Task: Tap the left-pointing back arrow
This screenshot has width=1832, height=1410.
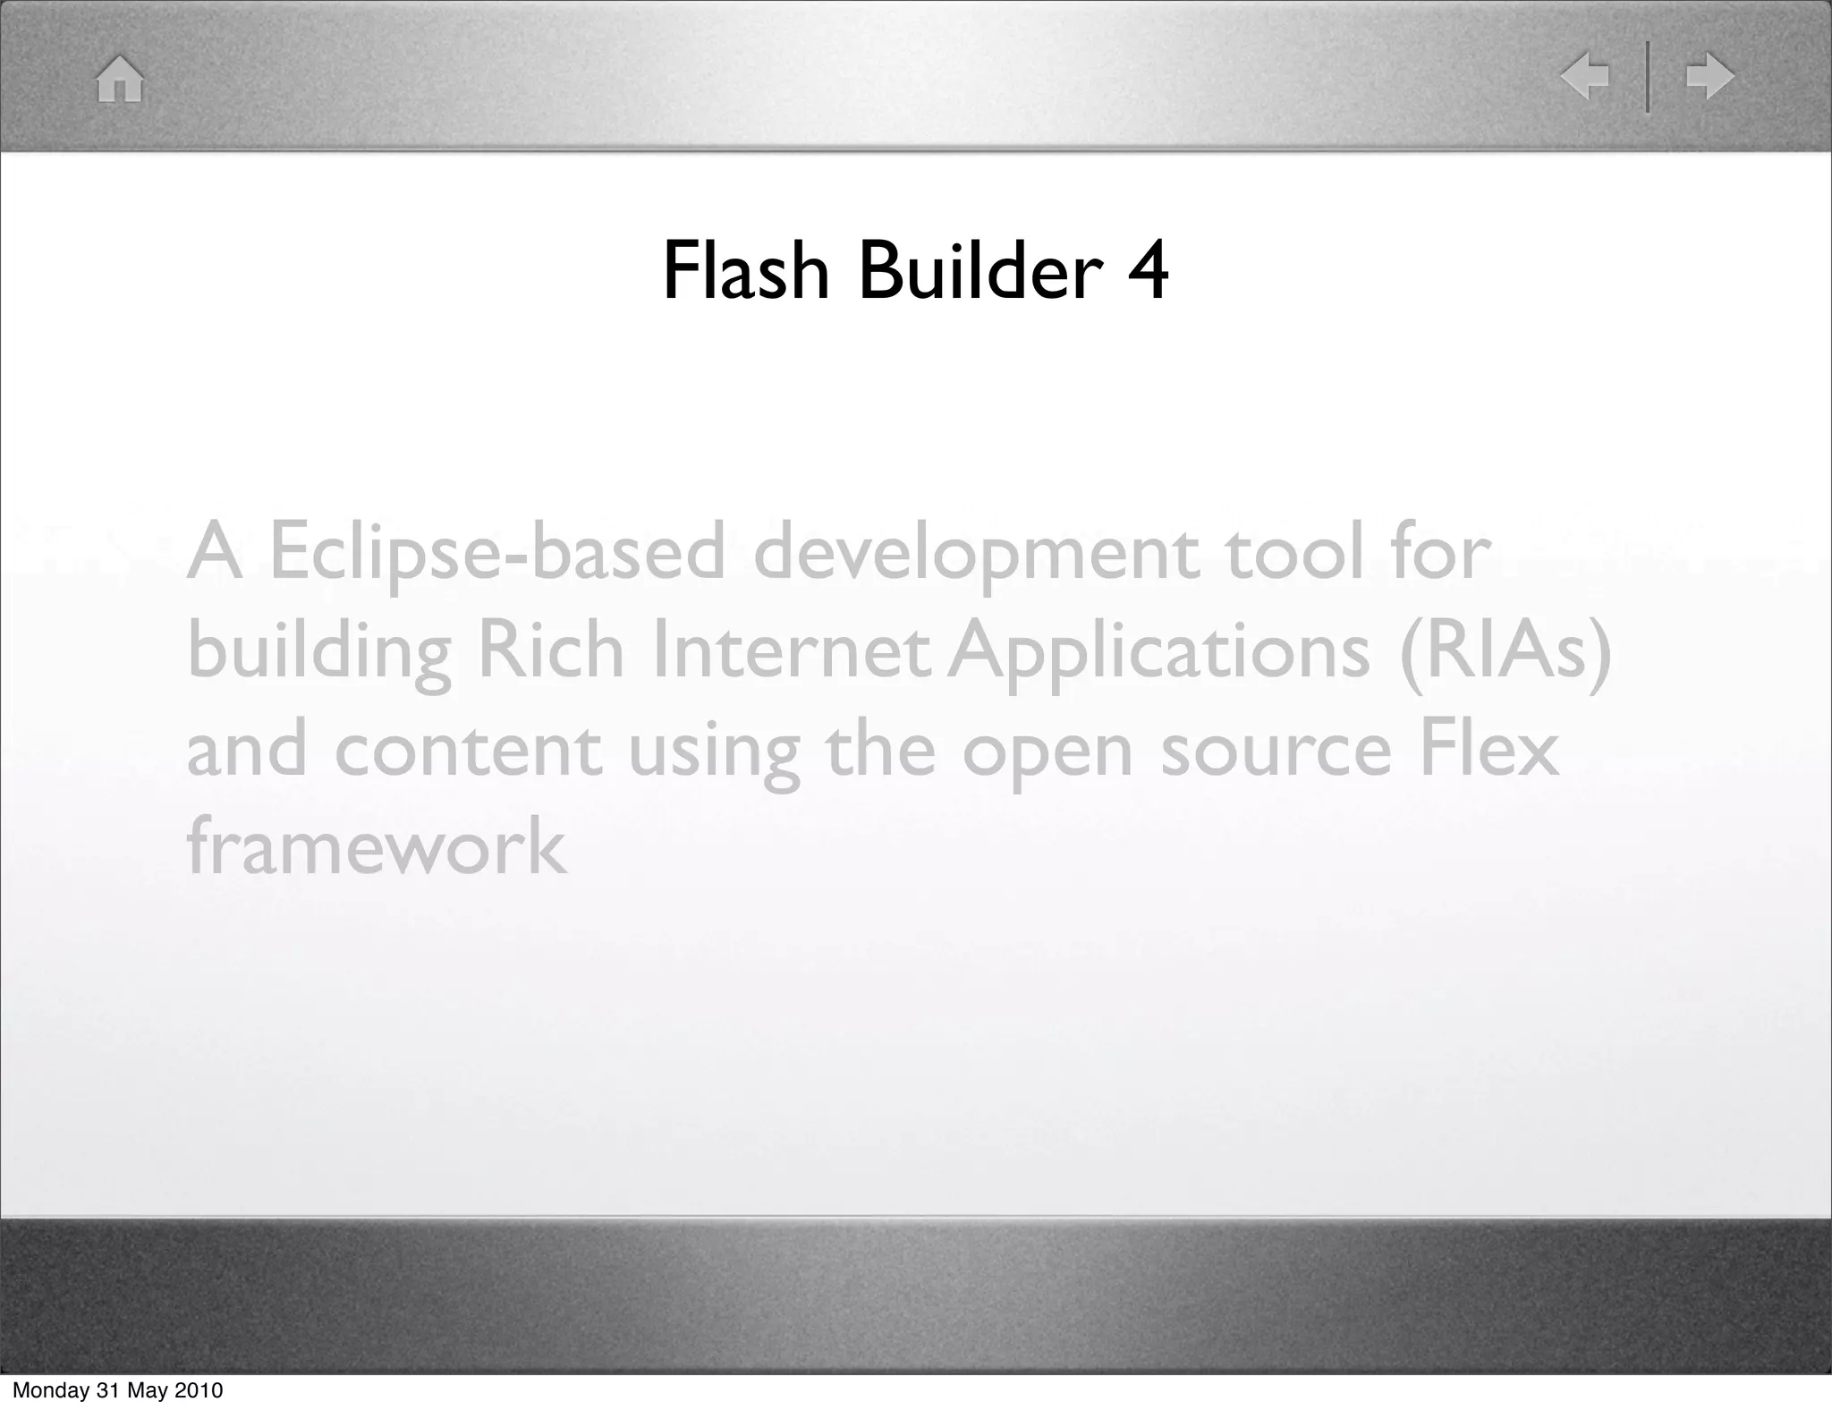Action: tap(1584, 76)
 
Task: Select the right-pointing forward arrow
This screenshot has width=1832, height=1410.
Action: tap(1709, 76)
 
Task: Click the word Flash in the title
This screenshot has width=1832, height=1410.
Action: tap(746, 270)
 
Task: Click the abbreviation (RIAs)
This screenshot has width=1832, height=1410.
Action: tap(1505, 651)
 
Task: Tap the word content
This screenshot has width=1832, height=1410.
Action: tap(467, 750)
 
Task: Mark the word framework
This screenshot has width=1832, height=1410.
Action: tap(376, 846)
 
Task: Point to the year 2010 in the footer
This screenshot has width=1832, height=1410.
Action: tap(197, 1390)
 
